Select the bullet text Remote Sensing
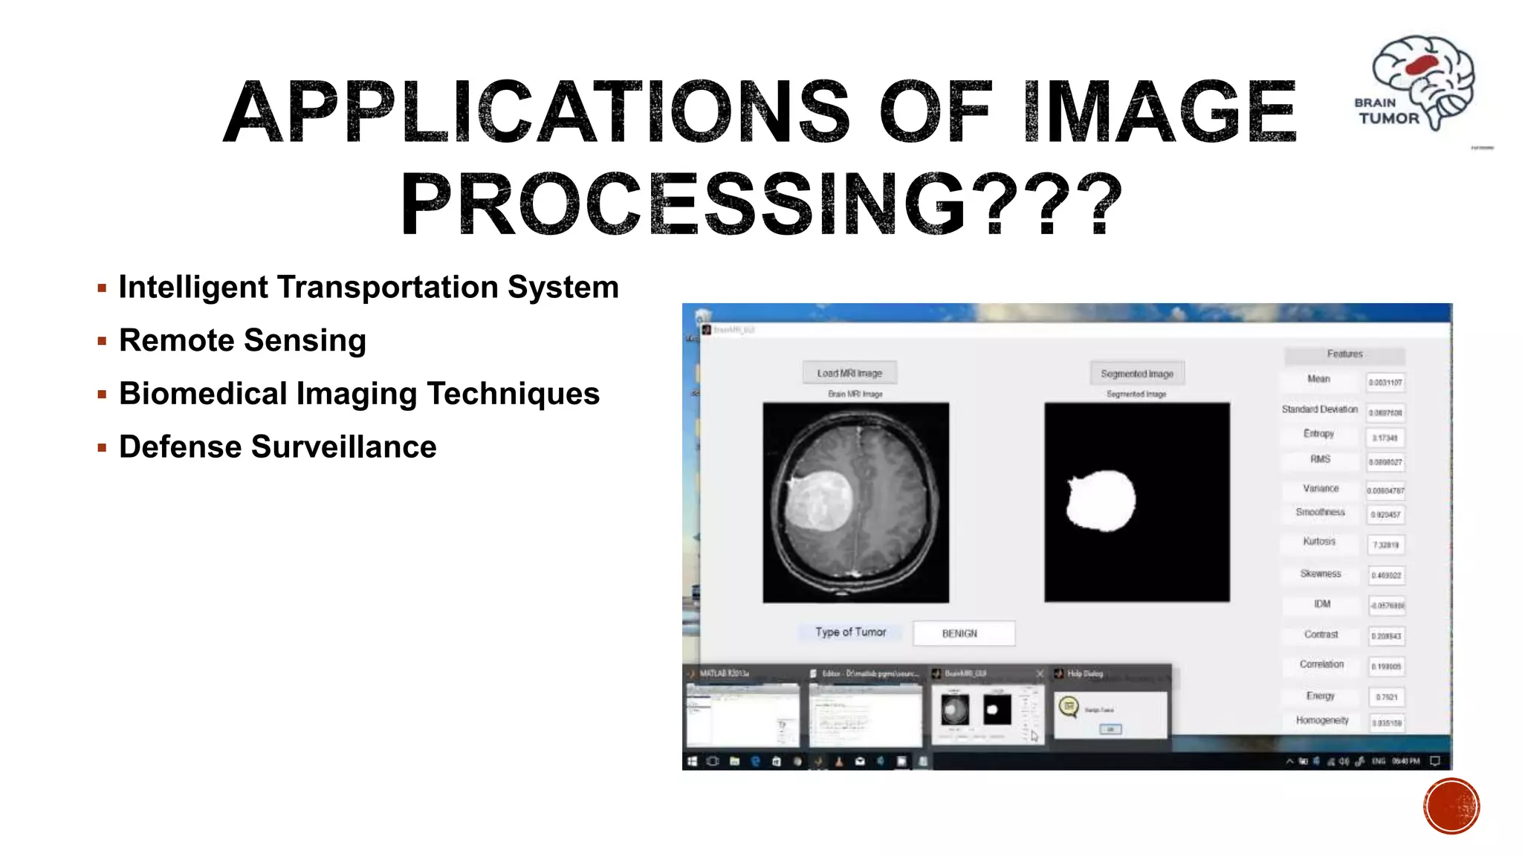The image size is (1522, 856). coord(242,340)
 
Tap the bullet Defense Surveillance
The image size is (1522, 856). coord(277,447)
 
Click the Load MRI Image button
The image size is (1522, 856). coord(849,373)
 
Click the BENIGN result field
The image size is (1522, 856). coord(963,633)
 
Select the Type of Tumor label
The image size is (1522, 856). coord(850,632)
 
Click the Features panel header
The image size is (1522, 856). coord(1344,354)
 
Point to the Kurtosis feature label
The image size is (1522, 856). coord(1319,542)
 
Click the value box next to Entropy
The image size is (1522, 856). coord(1385,438)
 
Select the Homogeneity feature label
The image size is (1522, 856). coord(1322,721)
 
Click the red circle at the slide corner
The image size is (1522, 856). coord(1451,806)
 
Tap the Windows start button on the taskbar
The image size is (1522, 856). coord(693,761)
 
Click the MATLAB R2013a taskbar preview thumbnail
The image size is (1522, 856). coord(742,714)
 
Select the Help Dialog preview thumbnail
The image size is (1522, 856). coord(1110,714)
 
